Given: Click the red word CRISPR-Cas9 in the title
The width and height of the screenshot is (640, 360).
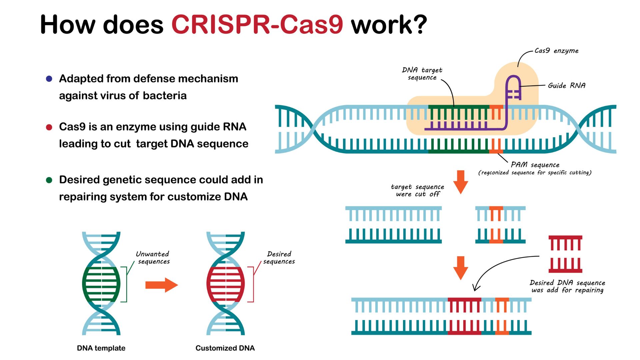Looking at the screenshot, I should tap(257, 25).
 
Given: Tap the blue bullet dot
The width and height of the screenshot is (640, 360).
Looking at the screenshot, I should tap(49, 79).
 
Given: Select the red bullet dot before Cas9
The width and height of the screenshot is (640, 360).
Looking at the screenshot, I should tap(49, 127).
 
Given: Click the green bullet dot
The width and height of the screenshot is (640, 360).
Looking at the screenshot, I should tap(49, 180).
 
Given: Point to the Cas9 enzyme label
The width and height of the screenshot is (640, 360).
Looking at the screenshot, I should tap(556, 51).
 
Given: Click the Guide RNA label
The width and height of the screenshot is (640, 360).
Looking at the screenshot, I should tap(566, 86).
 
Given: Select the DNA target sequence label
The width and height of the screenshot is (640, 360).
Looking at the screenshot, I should tap(422, 74).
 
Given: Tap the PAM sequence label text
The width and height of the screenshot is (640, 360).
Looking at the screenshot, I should tap(535, 165).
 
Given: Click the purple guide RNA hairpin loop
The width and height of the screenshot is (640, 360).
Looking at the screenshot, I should tap(513, 83).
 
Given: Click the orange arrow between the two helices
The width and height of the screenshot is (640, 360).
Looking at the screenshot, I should tap(162, 285).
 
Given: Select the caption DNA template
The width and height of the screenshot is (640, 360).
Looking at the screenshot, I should tap(101, 348).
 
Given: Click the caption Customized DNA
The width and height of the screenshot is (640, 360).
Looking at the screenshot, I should tap(225, 348).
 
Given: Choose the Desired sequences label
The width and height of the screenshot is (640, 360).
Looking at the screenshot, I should tap(279, 258).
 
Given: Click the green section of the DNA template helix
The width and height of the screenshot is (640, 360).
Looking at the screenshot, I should tap(101, 284).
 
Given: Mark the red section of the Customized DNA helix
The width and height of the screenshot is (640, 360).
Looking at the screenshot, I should tap(225, 284).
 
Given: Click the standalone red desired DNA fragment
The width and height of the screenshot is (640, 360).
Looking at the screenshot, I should tap(565, 254).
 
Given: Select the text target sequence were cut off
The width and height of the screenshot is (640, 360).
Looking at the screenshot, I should tap(417, 190).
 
